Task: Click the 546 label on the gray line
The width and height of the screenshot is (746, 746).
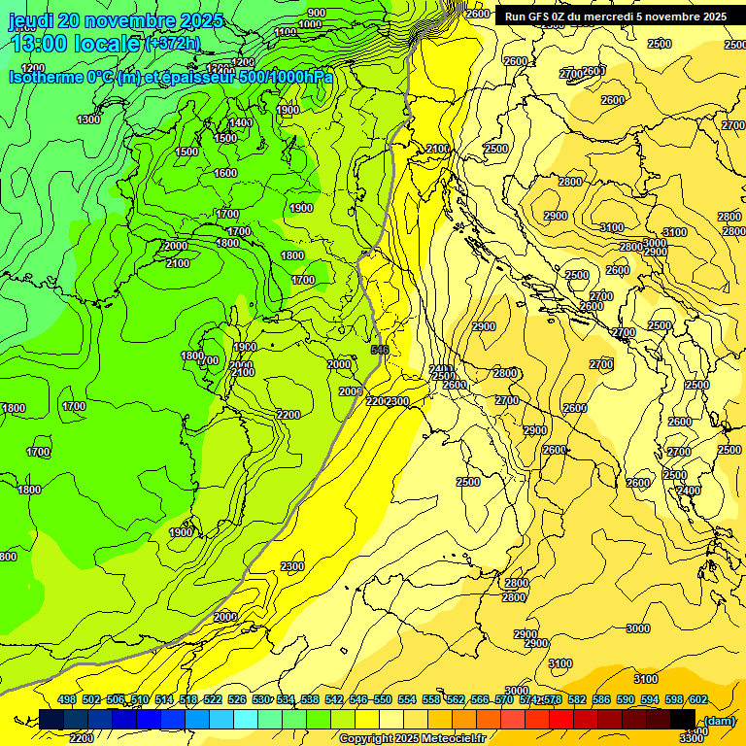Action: tap(379, 350)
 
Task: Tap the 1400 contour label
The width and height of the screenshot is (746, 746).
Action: tap(241, 123)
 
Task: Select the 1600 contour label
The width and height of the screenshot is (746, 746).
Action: tap(225, 173)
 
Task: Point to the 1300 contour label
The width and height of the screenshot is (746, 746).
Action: tap(88, 119)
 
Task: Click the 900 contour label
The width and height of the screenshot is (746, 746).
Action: tap(317, 13)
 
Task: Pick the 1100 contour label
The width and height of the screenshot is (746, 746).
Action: tap(286, 32)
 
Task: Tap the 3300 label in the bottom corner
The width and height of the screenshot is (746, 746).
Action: tap(691, 738)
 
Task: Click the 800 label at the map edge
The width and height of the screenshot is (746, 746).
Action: tap(8, 557)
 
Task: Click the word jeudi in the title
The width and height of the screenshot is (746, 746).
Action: tap(30, 20)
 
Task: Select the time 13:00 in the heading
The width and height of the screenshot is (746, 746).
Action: tap(40, 44)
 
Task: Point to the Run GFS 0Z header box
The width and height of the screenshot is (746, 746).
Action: tap(615, 17)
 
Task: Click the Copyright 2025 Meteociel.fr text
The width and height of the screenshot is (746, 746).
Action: tap(412, 738)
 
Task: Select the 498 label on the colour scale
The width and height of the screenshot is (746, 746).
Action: tap(67, 699)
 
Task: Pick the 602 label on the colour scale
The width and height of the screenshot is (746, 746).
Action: tap(697, 699)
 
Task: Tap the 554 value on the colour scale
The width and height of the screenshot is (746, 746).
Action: tap(431, 699)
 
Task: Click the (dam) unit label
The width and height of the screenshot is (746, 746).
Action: tap(720, 720)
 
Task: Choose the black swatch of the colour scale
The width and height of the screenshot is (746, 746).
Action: tap(683, 719)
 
